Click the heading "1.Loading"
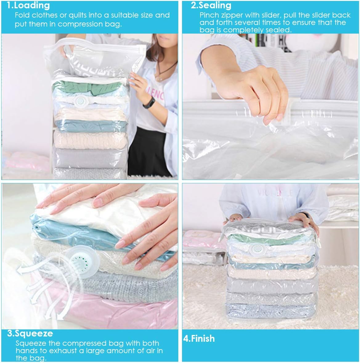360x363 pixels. point(28,5)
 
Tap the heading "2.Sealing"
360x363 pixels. point(211,5)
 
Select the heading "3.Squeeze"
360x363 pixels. point(30,333)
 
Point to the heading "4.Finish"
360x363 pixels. point(199,338)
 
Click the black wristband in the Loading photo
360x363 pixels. point(148,102)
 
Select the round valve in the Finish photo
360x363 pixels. point(255,249)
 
